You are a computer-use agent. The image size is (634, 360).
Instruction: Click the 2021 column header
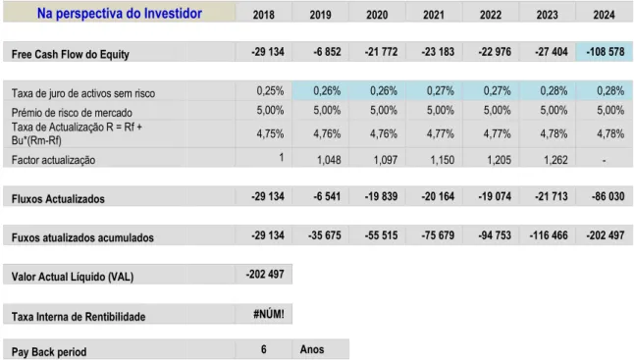coord(434,15)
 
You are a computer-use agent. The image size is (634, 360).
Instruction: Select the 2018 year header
coord(264,15)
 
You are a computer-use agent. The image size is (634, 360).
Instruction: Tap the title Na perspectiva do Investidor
coord(120,14)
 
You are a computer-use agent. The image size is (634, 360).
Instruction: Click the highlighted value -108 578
coord(605,52)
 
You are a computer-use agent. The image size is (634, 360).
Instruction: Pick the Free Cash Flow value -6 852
coord(327,52)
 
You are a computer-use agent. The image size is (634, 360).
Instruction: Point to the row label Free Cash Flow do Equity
coord(71,54)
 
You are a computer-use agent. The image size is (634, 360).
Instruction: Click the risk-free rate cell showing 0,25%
coord(270,90)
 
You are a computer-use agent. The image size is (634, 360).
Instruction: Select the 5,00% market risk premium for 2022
coord(497,110)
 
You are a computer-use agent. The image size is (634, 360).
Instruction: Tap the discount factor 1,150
coord(443,160)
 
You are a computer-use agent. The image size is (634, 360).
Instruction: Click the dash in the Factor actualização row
coord(605,161)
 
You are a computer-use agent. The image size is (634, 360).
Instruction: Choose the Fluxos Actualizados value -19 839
coord(382,196)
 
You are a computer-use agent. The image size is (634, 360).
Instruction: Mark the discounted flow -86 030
coord(608,196)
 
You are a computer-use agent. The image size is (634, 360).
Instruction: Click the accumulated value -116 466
coord(549,235)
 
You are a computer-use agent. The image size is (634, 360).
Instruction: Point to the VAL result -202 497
coord(265,275)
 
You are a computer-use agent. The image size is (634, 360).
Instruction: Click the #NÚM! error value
coord(269,314)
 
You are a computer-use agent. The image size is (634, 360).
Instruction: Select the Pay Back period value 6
coord(264,349)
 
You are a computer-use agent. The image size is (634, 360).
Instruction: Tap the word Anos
coord(312,349)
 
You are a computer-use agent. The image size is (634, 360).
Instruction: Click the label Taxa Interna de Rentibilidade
coord(79,317)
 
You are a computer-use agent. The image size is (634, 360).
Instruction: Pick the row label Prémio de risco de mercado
coord(72,113)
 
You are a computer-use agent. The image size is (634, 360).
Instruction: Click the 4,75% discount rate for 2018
coord(270,133)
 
